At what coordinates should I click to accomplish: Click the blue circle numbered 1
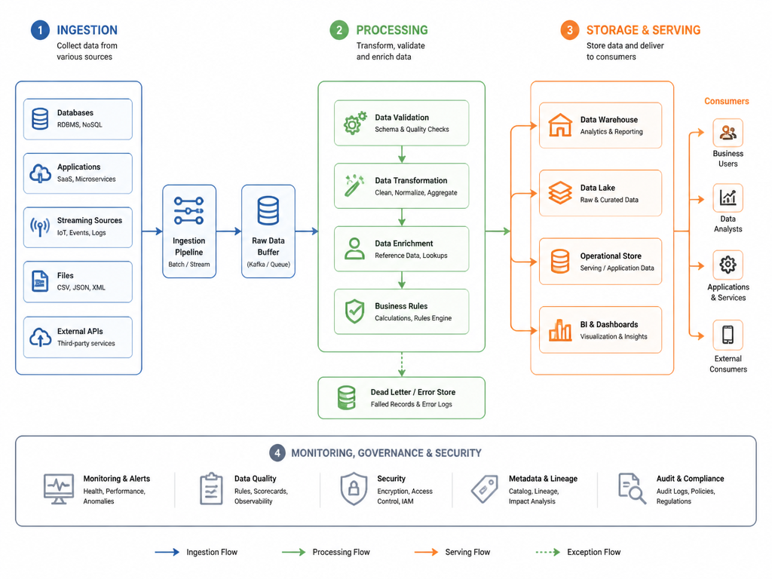tap(40, 30)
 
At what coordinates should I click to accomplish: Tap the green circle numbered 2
tap(339, 30)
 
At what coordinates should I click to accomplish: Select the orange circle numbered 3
tap(570, 30)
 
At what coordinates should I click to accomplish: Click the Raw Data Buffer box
tap(268, 231)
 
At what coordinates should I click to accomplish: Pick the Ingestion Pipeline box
tap(189, 231)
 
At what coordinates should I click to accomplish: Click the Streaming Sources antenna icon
tap(40, 227)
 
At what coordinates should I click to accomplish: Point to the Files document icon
tap(40, 281)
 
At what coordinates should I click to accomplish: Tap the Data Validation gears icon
tap(355, 123)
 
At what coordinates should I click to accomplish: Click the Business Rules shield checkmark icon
tap(354, 311)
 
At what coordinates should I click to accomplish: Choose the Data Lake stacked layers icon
tap(560, 193)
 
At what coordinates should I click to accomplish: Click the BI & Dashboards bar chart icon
tap(560, 330)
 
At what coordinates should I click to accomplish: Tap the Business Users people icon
tap(728, 133)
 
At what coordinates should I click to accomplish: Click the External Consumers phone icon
tap(728, 335)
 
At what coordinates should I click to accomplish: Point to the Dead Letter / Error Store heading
tap(413, 392)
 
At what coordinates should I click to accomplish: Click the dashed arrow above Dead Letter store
tap(402, 364)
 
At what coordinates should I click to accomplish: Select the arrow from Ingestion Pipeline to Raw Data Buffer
tap(229, 231)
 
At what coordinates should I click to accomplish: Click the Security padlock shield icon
tap(354, 489)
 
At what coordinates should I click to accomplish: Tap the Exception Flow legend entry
tap(578, 552)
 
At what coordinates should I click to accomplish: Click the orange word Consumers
tap(726, 101)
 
